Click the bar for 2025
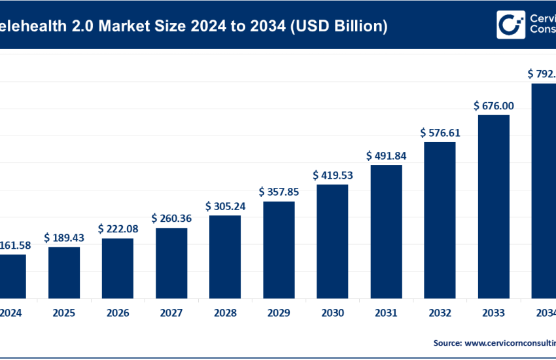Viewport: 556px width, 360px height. pos(64,272)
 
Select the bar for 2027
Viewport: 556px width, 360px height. pos(171,262)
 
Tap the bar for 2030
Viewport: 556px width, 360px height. pos(332,241)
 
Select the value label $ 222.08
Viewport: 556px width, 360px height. pos(118,229)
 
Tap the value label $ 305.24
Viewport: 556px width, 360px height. pos(225,206)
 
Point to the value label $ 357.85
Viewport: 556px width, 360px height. pos(279,192)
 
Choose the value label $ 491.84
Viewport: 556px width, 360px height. pos(386,156)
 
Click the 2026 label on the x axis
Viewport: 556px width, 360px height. pos(118,313)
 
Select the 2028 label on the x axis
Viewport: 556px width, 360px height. pos(225,313)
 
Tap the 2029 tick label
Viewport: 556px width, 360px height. pos(279,313)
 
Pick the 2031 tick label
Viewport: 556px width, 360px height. pos(386,313)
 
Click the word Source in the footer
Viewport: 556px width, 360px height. pos(447,342)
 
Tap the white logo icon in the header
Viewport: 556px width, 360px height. pos(511,25)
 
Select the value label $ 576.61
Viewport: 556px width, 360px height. pos(440,133)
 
